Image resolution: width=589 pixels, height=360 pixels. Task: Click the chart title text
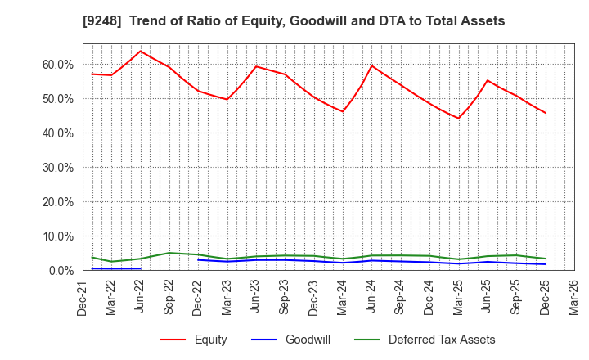[x=294, y=21]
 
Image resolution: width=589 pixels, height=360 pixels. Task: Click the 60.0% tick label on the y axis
[x=56, y=65]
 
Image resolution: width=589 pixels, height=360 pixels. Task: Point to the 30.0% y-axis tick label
[x=56, y=168]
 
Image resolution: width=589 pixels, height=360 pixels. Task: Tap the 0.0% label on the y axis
[x=60, y=271]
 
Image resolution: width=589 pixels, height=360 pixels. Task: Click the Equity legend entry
[x=193, y=340]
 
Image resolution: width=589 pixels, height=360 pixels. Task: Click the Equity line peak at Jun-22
[x=141, y=51]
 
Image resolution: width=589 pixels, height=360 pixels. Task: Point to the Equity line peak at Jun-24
[x=372, y=65]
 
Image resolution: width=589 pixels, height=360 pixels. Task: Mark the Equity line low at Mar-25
[x=459, y=118]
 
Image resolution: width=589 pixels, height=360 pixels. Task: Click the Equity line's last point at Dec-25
[x=546, y=113]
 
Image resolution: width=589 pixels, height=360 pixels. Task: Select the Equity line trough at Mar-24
[x=343, y=111]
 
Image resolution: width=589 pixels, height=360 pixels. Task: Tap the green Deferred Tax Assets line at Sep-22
[x=169, y=253]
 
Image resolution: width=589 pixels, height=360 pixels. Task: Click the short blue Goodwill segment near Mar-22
[x=112, y=268]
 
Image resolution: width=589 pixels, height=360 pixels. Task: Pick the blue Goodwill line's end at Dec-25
[x=546, y=264]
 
